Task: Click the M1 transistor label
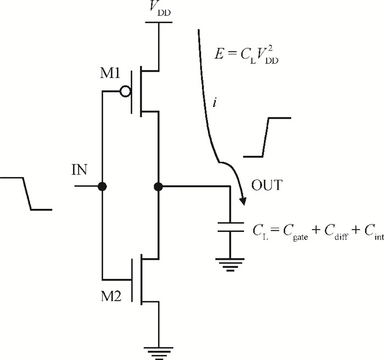coord(110,73)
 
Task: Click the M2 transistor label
coord(111,296)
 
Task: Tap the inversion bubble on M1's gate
coord(126,92)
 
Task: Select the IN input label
coord(79,169)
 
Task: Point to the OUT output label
coord(267,185)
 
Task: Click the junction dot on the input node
coord(102,187)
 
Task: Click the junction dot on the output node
coord(159,187)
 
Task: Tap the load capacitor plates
coord(230,227)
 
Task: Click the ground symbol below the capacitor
coord(230,265)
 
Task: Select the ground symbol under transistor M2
coord(159,353)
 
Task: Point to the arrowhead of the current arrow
coord(243,201)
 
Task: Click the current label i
coord(215,102)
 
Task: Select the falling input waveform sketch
coord(26,193)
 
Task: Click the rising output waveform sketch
coord(267,137)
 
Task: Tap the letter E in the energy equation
coord(219,54)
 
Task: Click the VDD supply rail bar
coord(159,22)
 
